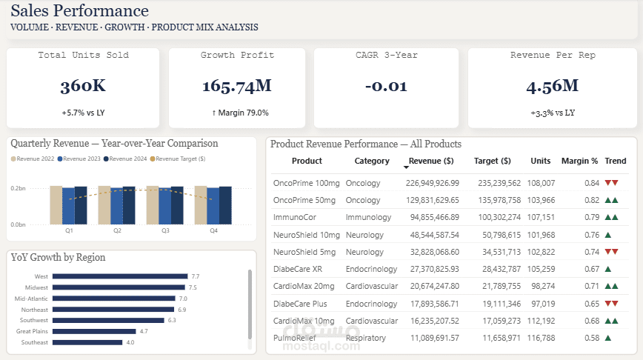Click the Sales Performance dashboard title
(79, 11)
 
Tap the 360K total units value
(83, 86)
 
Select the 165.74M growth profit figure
(237, 86)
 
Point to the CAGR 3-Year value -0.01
(386, 86)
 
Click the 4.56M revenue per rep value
(552, 86)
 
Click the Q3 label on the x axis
(165, 231)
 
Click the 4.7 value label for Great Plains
(144, 331)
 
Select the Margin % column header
(579, 161)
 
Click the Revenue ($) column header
(431, 161)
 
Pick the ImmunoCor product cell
(295, 217)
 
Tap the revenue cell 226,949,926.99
(427, 183)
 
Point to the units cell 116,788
(541, 337)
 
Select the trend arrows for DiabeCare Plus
(612, 303)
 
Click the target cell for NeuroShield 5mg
(496, 252)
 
